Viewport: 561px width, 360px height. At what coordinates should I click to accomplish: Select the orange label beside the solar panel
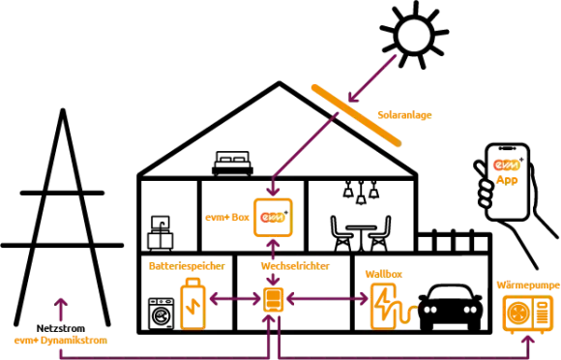click(x=404, y=116)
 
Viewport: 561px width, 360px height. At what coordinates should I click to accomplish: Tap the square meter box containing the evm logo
click(x=272, y=217)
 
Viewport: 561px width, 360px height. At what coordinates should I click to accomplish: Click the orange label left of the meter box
click(x=225, y=218)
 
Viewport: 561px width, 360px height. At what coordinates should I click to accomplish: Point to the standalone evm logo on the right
click(x=506, y=165)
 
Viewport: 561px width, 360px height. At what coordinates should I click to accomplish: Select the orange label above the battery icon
click(x=187, y=265)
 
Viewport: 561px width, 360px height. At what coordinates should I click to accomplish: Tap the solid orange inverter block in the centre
click(x=274, y=300)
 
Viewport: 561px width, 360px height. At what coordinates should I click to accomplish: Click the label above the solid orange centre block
click(x=295, y=265)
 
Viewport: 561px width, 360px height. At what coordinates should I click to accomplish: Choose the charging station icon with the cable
click(x=385, y=304)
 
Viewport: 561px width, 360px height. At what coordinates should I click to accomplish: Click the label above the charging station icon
click(x=384, y=275)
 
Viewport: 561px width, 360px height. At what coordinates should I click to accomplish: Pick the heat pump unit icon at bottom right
click(x=526, y=313)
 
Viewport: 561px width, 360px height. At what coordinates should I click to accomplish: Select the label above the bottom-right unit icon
click(x=527, y=285)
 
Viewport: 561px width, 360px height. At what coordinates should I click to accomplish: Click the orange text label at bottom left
click(x=59, y=341)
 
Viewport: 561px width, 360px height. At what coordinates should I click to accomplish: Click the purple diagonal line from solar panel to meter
click(x=305, y=145)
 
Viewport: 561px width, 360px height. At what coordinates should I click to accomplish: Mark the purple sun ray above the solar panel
click(x=377, y=73)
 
